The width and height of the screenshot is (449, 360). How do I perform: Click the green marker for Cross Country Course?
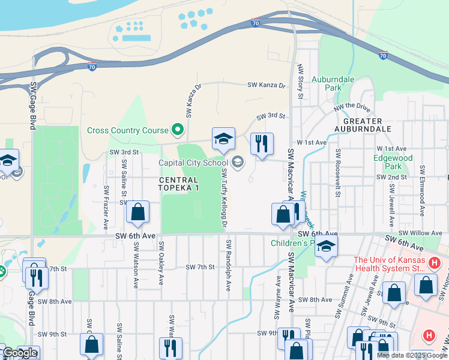(177, 130)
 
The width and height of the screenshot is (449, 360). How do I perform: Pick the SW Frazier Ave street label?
(106, 207)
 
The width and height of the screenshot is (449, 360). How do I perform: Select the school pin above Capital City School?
(223, 139)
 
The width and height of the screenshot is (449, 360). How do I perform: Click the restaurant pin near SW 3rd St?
(261, 143)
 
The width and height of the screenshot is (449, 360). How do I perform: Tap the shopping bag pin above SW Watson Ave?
(137, 212)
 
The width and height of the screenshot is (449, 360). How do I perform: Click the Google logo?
(19, 353)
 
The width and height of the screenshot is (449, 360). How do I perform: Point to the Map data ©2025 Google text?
(412, 355)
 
